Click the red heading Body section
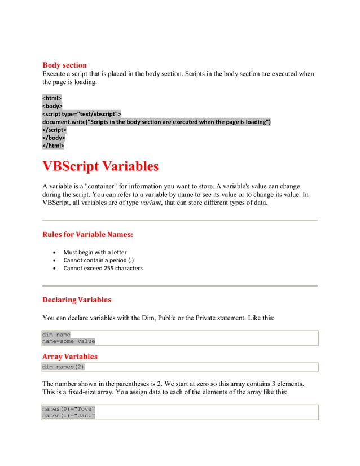pos(64,65)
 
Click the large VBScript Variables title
pos(100,166)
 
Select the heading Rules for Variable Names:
pos(87,234)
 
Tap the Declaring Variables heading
pos(77,300)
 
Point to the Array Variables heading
pos(70,357)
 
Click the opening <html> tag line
pos(52,98)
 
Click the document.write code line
pos(156,122)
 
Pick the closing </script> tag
pos(54,130)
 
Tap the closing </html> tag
pos(53,146)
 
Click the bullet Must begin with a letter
pos(95,252)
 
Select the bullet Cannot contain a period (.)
pos(98,260)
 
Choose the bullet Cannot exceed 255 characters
pos(103,268)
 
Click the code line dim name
pos(56,335)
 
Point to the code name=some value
pos(69,341)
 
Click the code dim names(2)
pos(63,367)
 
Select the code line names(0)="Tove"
pos(69,408)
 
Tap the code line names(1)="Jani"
pos(69,416)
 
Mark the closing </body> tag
pos(54,138)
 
